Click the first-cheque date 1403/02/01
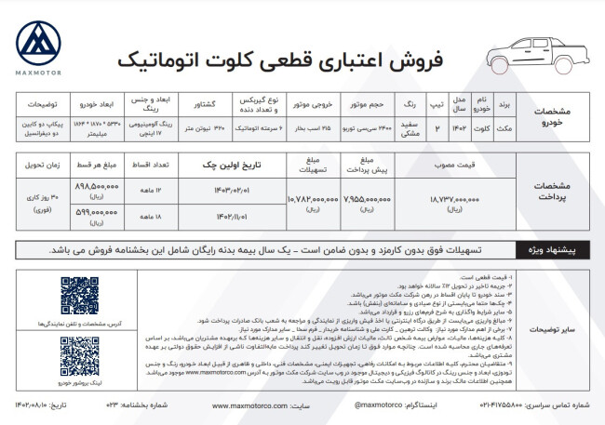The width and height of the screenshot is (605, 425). (x=222, y=189)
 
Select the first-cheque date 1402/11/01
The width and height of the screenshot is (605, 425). (x=222, y=216)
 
